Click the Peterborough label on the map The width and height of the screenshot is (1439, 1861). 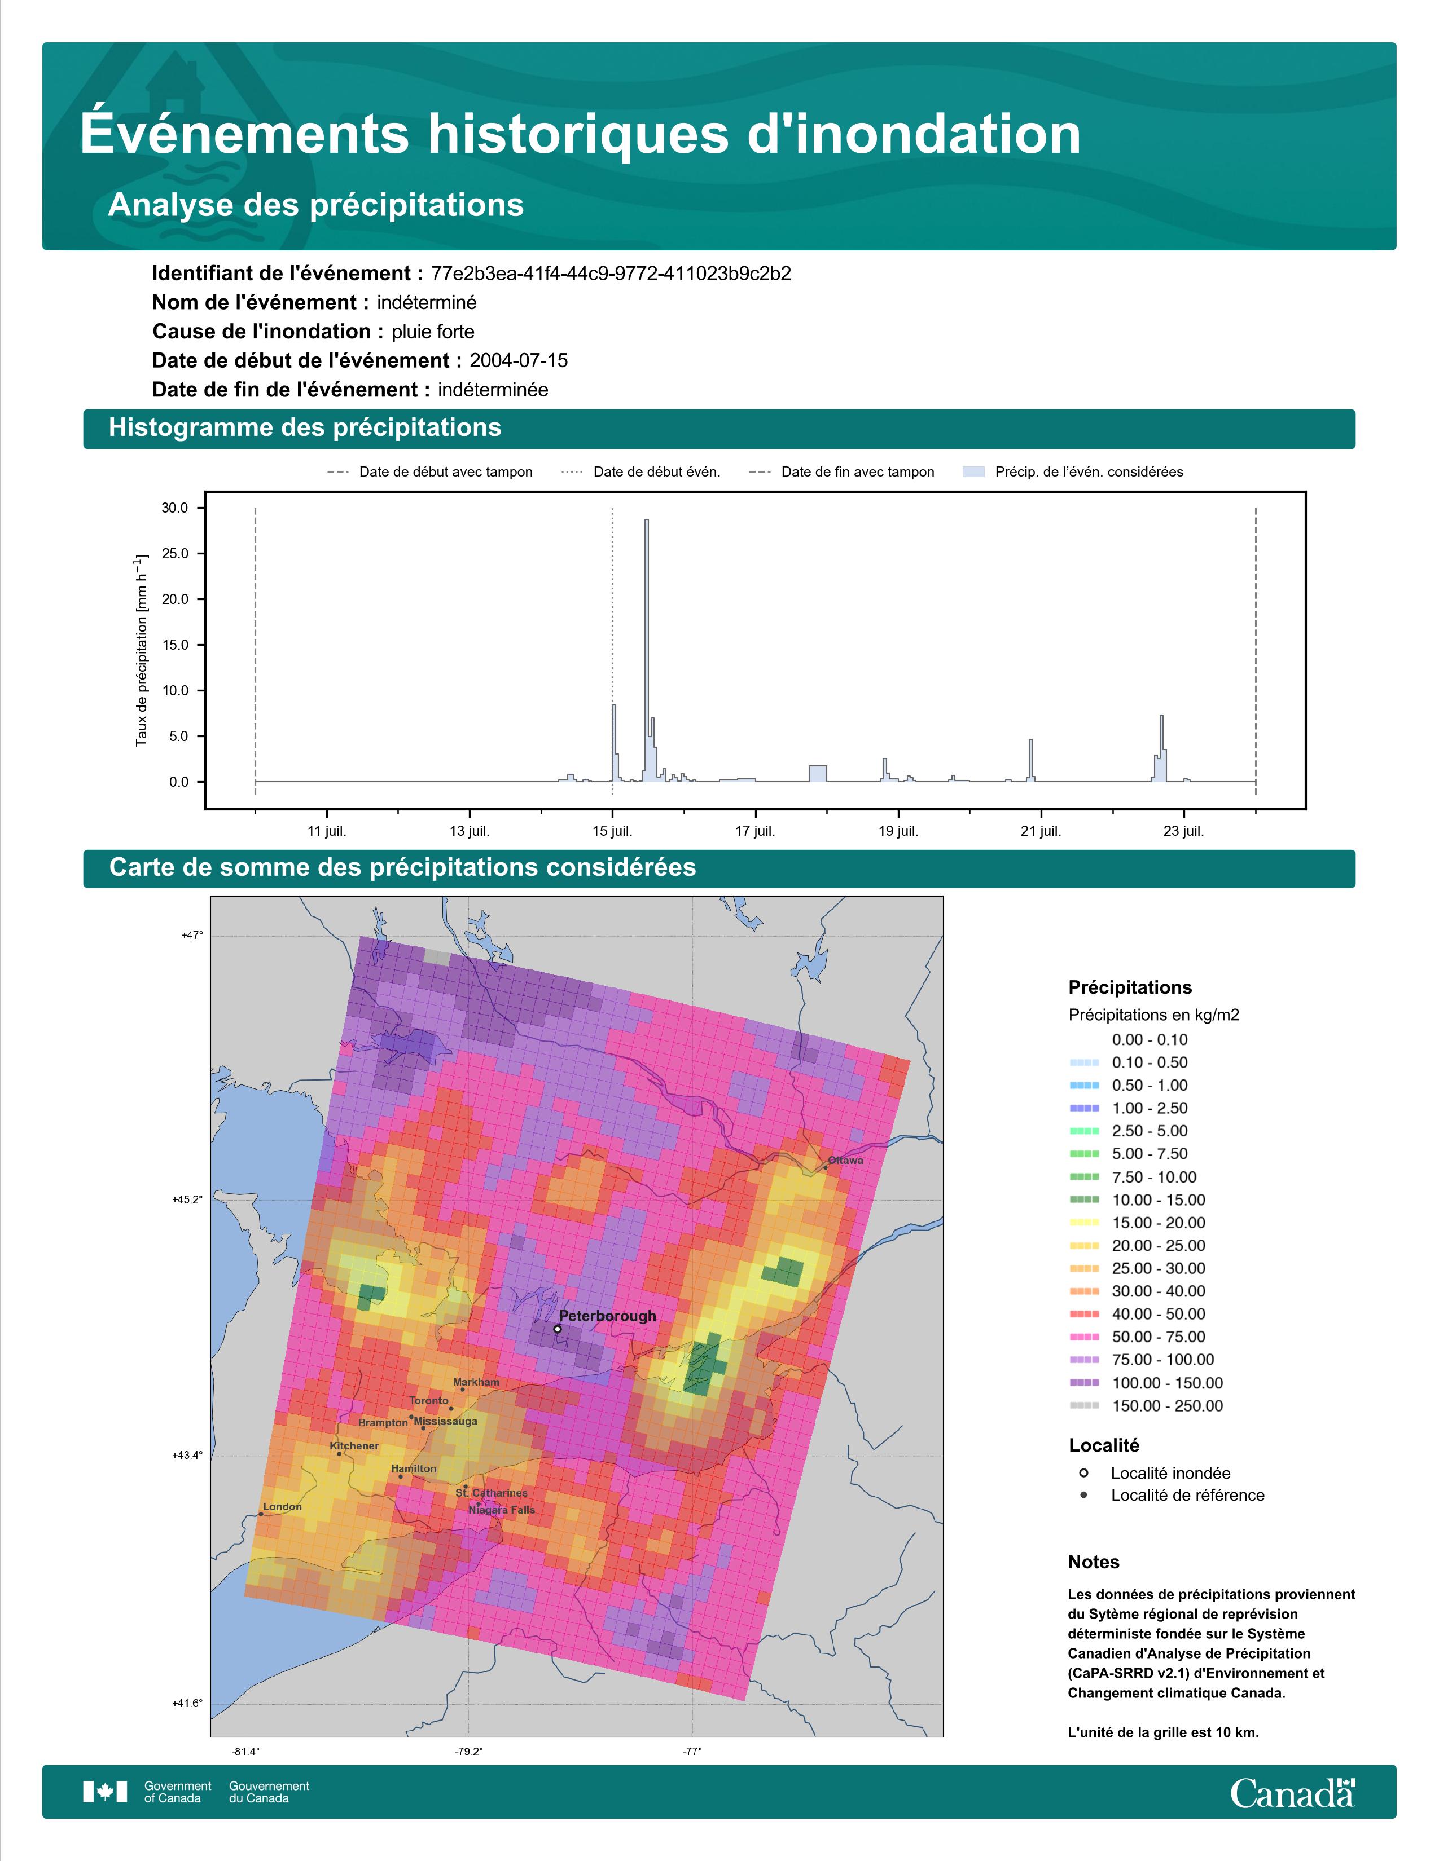(608, 1316)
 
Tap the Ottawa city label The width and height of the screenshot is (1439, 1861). (846, 1161)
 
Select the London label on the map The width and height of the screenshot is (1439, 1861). (282, 1506)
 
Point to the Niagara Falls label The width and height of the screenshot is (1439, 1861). (502, 1510)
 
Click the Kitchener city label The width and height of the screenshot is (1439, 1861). (354, 1446)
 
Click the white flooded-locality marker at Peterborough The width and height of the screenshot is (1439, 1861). (558, 1329)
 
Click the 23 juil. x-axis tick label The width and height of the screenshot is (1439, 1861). (1183, 831)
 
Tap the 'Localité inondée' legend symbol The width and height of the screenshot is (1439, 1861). (1083, 1473)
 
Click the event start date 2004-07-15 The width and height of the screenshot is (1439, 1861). (518, 360)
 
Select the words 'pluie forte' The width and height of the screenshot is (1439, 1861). (433, 332)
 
